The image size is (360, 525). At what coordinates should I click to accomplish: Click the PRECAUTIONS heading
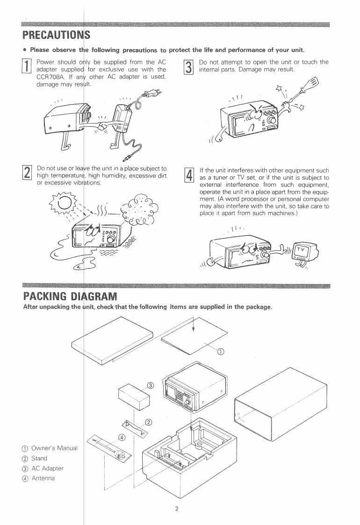pyautogui.click(x=56, y=35)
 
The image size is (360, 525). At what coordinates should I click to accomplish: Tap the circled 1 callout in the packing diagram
pyautogui.click(x=222, y=352)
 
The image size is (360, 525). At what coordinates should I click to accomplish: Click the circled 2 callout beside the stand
pyautogui.click(x=149, y=422)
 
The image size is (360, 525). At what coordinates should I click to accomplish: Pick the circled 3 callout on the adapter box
pyautogui.click(x=150, y=385)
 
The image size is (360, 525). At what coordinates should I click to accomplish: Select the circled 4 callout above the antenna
pyautogui.click(x=122, y=437)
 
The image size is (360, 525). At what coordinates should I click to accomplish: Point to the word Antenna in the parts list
pyautogui.click(x=43, y=478)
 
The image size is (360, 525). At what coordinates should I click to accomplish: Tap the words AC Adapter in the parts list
pyautogui.click(x=47, y=468)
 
